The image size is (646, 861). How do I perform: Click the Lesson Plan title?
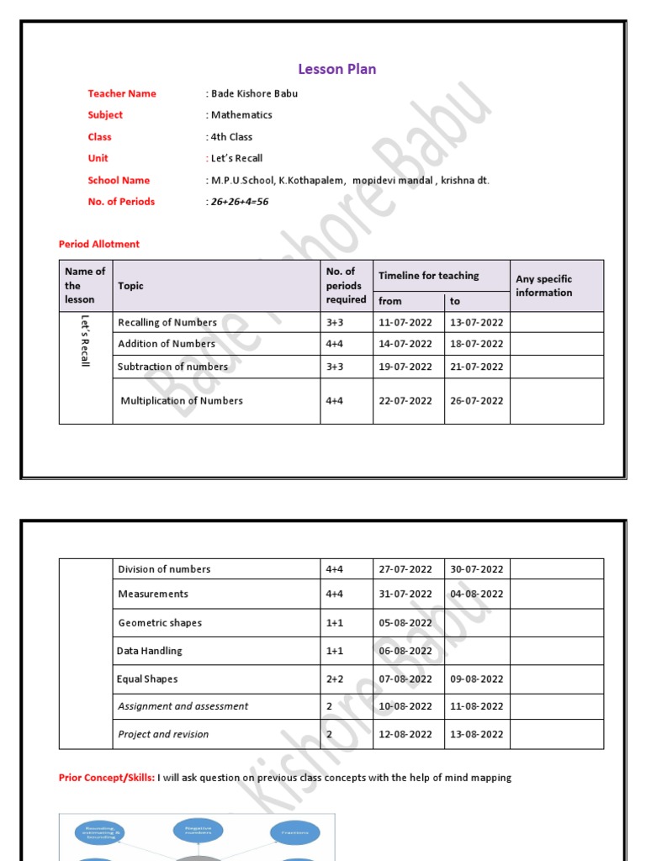coord(337,69)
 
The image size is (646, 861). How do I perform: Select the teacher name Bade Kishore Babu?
coord(254,93)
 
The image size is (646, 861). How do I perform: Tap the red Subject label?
coord(105,115)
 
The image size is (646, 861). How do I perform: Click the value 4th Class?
coord(231,137)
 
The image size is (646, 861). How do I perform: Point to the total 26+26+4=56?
coord(239,202)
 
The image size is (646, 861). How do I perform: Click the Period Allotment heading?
coord(99,244)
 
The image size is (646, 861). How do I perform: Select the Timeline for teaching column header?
coord(428,276)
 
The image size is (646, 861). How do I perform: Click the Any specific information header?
coord(543,286)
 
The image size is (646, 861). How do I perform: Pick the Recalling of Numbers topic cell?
coord(167,322)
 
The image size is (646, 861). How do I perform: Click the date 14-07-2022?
coord(405,344)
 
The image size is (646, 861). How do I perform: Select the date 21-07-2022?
coord(477,367)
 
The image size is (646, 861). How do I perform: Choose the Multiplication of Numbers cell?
coord(182,401)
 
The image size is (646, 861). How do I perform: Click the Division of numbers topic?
coord(164,569)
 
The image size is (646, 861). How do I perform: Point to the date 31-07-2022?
coord(405,594)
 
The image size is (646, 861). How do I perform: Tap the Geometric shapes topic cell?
coord(160,623)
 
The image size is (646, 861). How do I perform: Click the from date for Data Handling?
coord(405,651)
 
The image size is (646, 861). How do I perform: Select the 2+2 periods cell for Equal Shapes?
coord(335,679)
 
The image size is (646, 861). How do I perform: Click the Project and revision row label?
coord(163,734)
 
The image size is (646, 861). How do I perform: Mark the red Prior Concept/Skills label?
coord(107,778)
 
